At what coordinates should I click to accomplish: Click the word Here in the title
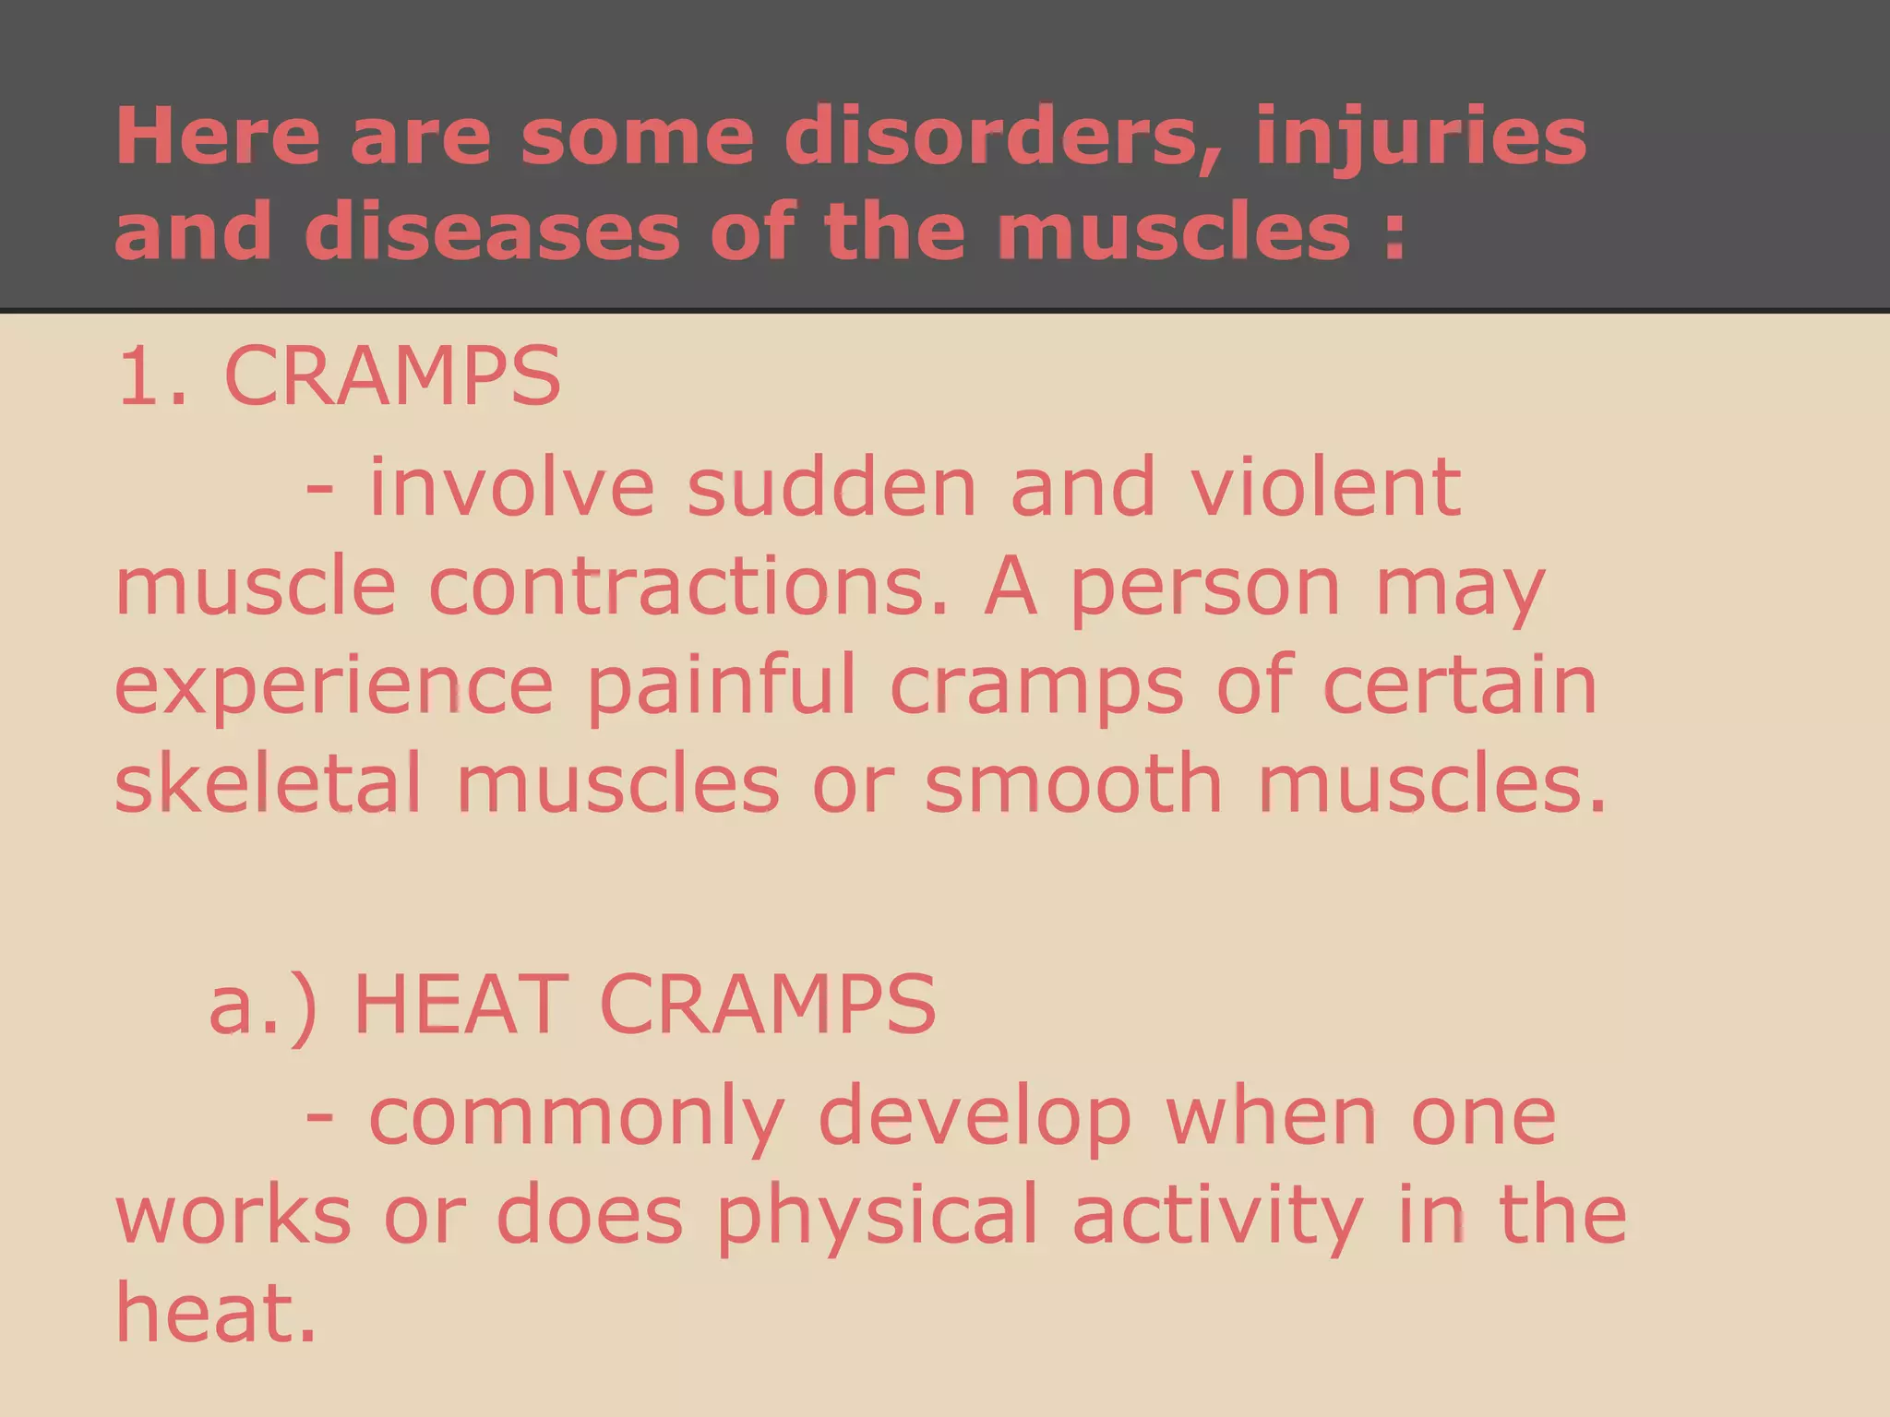tap(217, 137)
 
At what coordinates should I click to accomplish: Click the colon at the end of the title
tap(1394, 235)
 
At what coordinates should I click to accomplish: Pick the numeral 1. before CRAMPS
tap(150, 376)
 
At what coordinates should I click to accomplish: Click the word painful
tap(722, 688)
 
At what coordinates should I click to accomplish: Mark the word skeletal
tap(269, 784)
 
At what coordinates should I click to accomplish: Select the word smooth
tap(1073, 784)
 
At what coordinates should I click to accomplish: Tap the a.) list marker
tap(263, 1006)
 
